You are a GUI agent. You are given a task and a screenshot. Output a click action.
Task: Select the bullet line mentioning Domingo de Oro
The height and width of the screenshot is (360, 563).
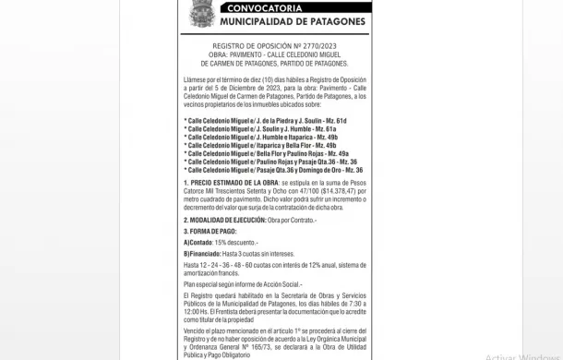point(272,170)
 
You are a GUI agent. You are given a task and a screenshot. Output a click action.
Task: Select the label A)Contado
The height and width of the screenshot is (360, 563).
point(200,242)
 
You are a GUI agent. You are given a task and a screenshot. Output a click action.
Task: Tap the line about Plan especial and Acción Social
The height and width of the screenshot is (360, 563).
point(243,286)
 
